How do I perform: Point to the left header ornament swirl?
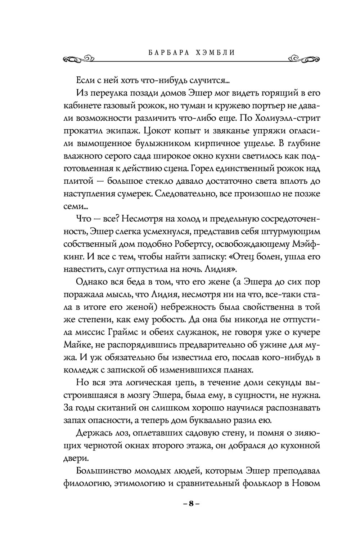point(78,58)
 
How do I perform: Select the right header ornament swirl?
point(304,58)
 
